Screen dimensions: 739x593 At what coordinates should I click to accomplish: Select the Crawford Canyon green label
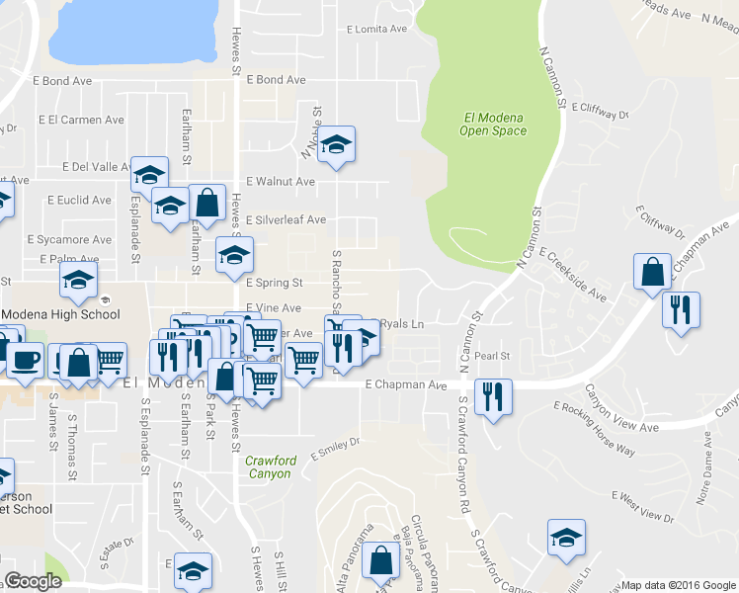coord(268,466)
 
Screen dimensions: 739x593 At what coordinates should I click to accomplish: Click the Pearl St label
coord(491,356)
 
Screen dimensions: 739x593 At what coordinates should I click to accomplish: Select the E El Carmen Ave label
coord(81,120)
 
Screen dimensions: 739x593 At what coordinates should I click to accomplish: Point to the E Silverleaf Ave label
coord(286,220)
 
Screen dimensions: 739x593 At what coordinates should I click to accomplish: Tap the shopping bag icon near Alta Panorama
coord(381,560)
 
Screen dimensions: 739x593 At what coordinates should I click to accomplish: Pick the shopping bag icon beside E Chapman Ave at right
coord(652,273)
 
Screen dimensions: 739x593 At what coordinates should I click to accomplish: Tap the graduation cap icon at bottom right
coord(566,538)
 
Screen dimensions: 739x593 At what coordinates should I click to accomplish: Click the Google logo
coord(34,581)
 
